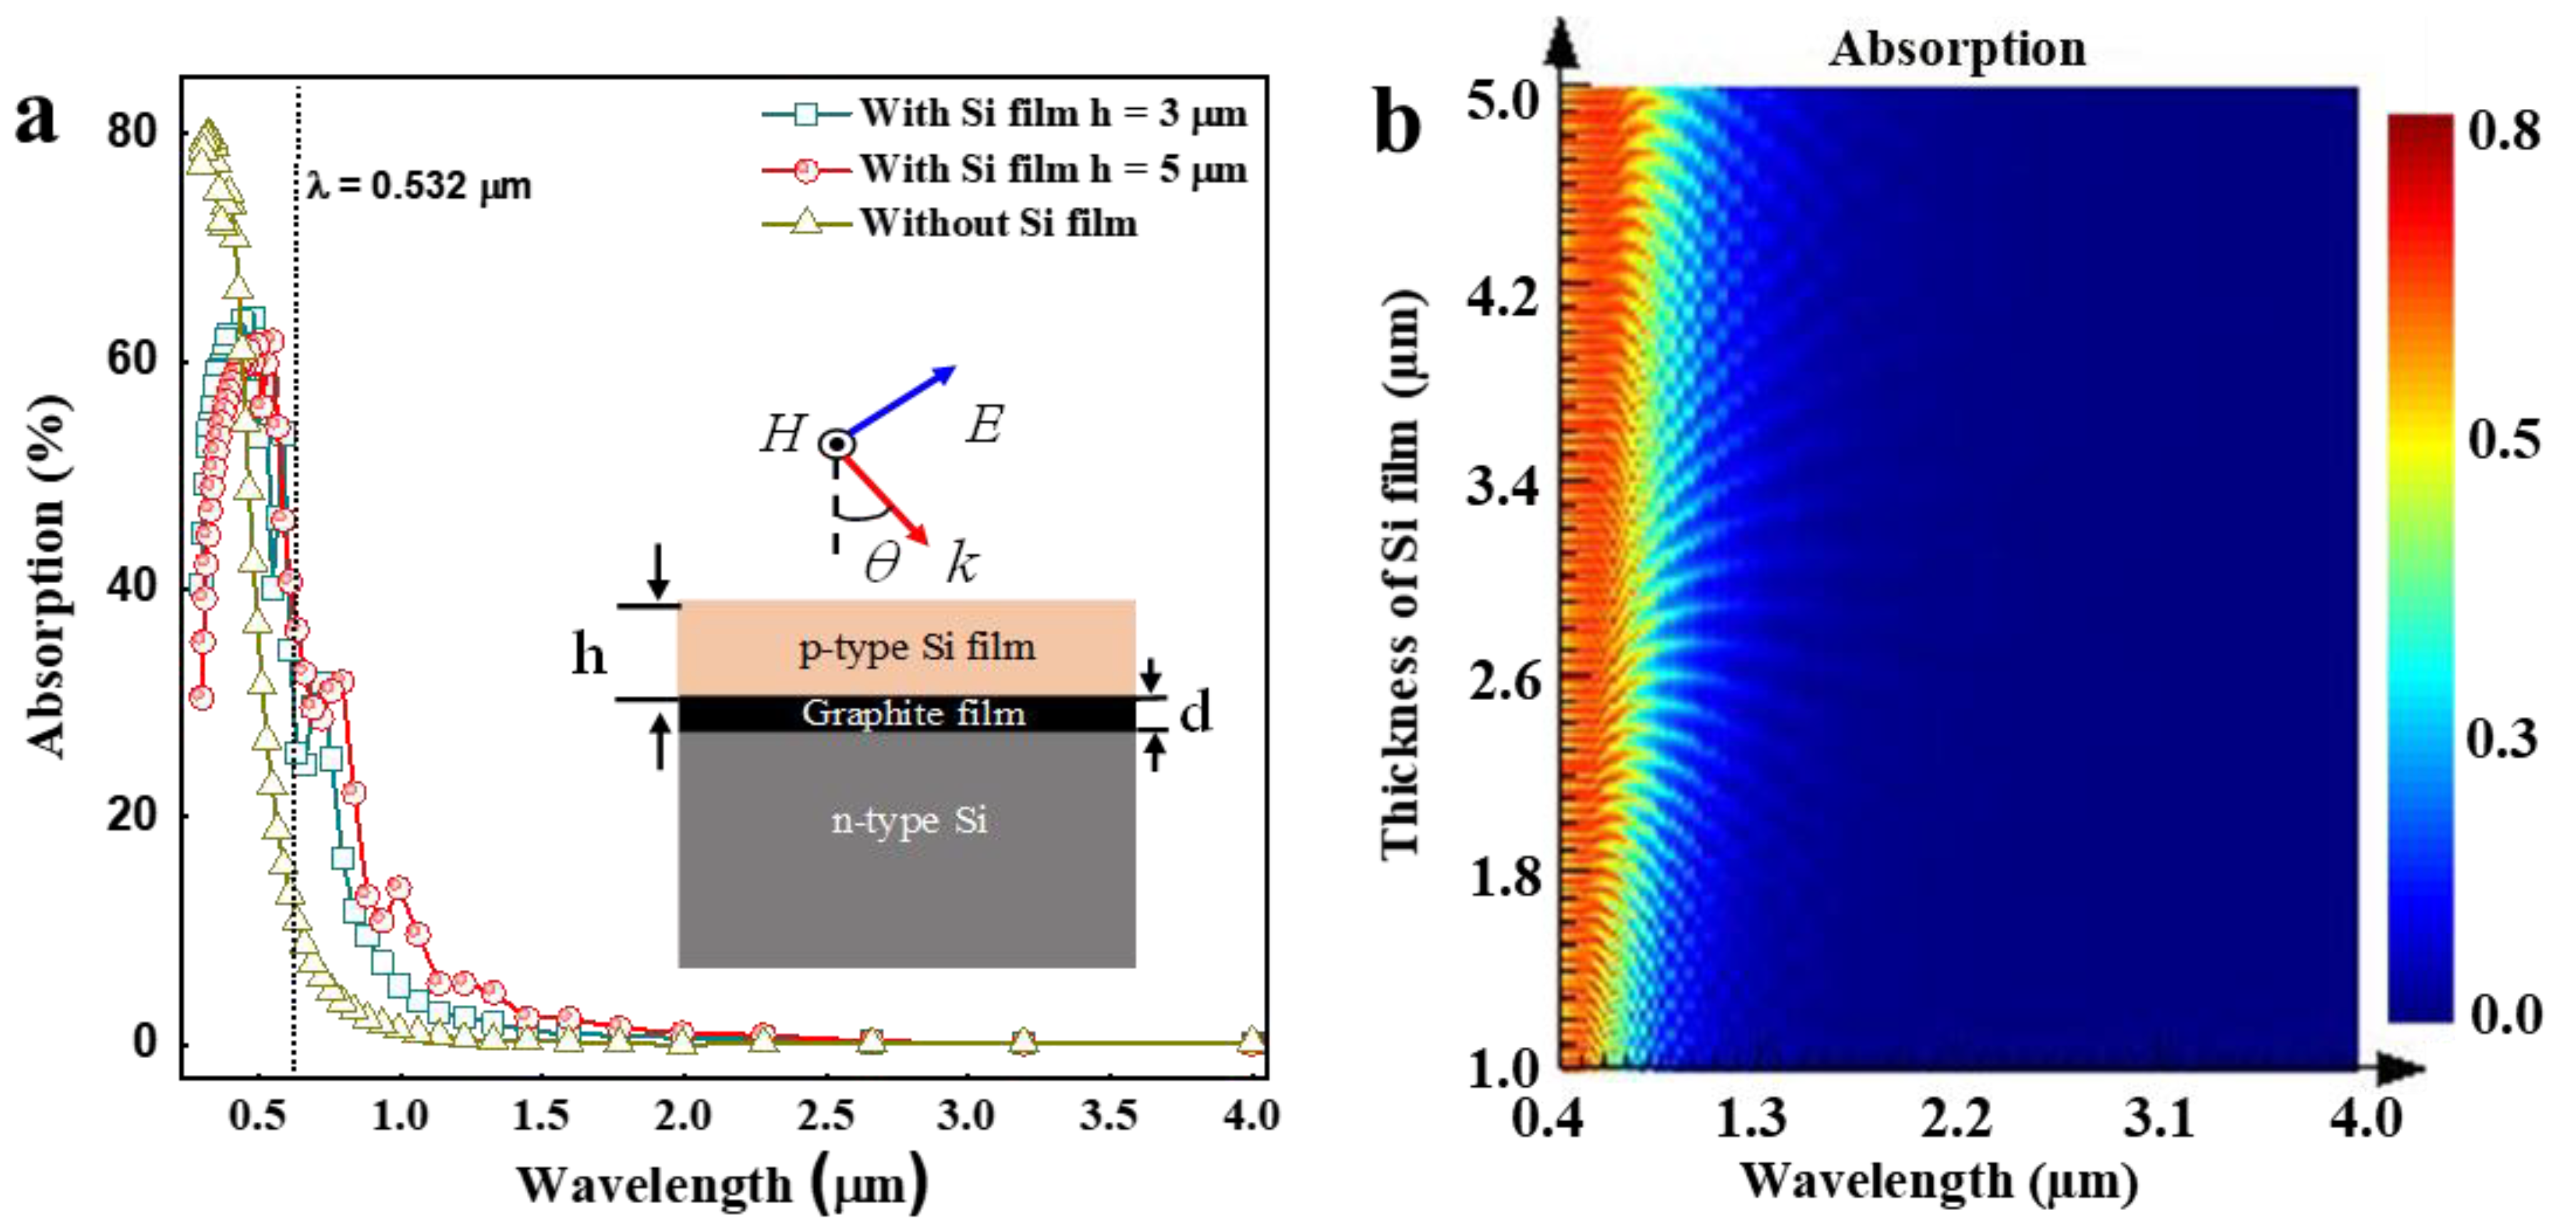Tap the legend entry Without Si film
click(x=997, y=223)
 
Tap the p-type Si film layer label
click(x=916, y=647)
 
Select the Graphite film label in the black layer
click(x=913, y=713)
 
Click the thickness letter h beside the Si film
click(x=588, y=654)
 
